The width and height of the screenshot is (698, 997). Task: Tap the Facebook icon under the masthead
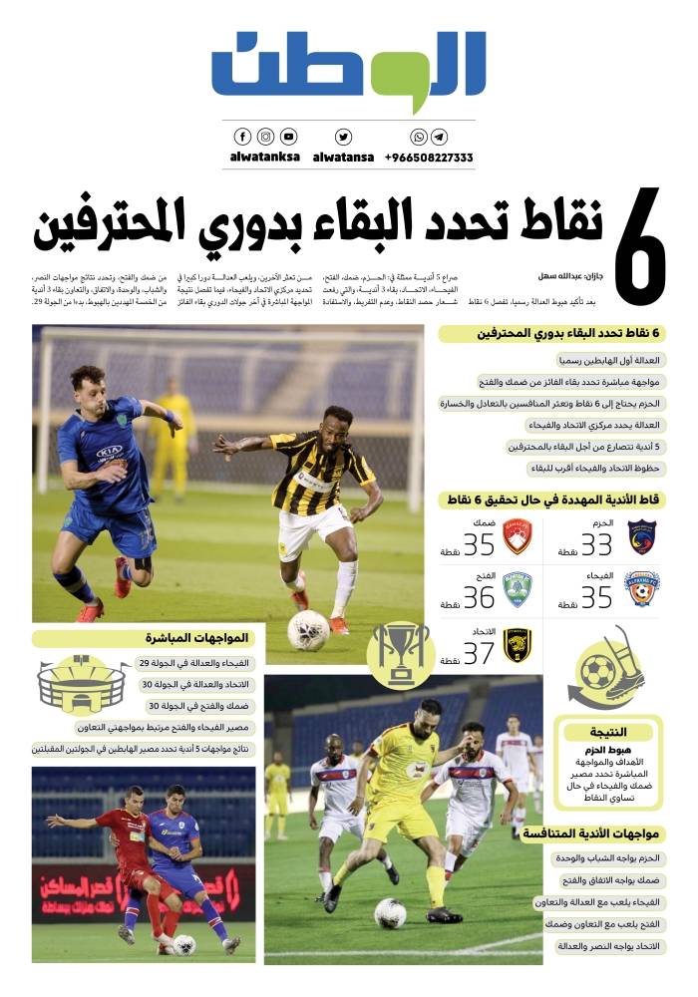pos(242,137)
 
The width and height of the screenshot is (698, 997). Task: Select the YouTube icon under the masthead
pos(288,137)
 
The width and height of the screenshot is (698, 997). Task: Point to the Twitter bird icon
pos(343,137)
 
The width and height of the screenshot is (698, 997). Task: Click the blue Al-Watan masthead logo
pos(349,72)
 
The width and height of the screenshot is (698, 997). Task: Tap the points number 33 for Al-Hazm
pos(596,544)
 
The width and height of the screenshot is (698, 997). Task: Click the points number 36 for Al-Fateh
pos(479,597)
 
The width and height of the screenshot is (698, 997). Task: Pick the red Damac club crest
pos(517,537)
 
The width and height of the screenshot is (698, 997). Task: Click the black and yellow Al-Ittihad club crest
pos(517,645)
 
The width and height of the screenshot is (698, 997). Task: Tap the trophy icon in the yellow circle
pos(399,655)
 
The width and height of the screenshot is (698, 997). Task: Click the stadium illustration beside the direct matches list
pos(83,684)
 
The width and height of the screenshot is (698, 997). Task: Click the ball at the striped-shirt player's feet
pos(308,629)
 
